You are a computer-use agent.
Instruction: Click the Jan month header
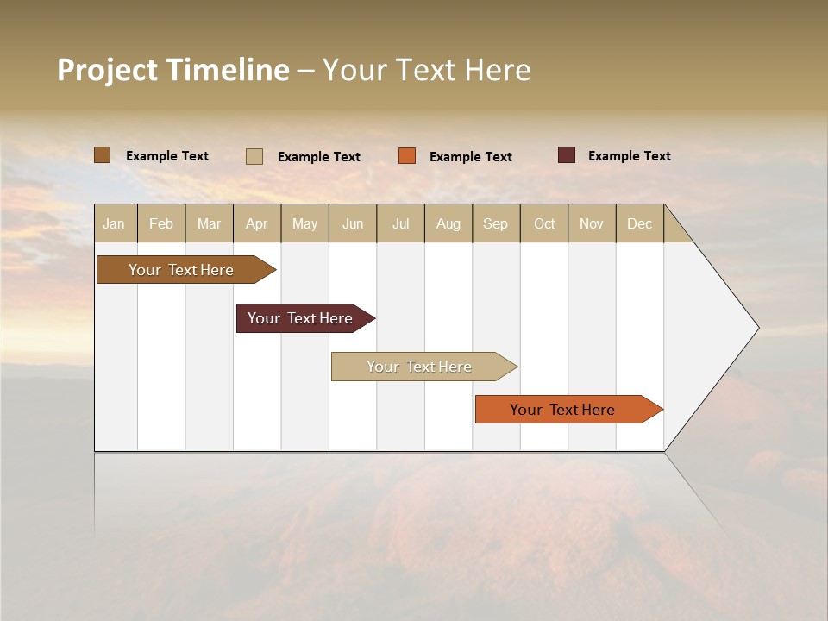pos(115,223)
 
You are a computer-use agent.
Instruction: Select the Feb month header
pos(161,223)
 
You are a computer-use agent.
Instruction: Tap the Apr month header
pos(257,223)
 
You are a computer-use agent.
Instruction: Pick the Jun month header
pos(353,223)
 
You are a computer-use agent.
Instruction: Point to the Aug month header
pos(448,223)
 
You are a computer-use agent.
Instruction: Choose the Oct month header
pos(544,223)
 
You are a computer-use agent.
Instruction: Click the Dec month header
pos(640,223)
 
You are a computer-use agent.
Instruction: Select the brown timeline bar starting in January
pos(181,270)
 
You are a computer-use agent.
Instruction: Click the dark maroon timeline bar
pos(300,318)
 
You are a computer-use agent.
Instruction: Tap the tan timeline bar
pos(419,367)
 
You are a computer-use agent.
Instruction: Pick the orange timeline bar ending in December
pos(562,410)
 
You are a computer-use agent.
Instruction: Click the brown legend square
pos(102,155)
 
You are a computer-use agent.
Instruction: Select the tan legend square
pos(254,156)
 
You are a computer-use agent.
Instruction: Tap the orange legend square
pos(407,156)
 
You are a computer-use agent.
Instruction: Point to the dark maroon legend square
pos(567,155)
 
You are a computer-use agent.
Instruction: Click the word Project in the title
pos(107,70)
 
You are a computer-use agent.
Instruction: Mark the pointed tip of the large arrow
pos(757,328)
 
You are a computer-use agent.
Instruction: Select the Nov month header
pos(592,223)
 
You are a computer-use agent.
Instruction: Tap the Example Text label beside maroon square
pos(629,156)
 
